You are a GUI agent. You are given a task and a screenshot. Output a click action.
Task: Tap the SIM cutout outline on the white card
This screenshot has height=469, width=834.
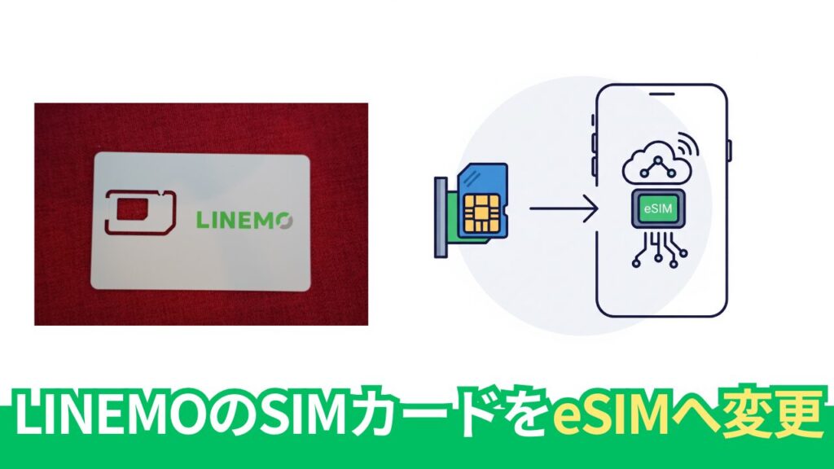coord(139,210)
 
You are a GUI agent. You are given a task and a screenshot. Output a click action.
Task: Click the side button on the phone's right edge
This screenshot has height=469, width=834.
coord(729,150)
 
